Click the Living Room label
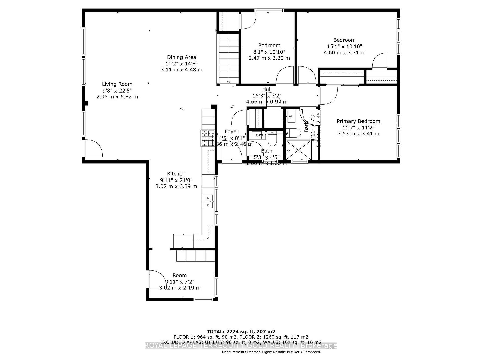pos(117,84)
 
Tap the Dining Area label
pos(182,57)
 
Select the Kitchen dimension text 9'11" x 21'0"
pos(176,180)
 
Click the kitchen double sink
pos(208,202)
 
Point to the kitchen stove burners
pos(207,138)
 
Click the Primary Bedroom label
pos(358,121)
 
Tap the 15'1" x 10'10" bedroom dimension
pos(344,47)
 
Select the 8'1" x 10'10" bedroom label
pos(269,46)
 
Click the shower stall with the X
pos(298,150)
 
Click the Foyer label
pos(231,132)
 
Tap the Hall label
pos(267,89)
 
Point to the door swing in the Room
pos(157,279)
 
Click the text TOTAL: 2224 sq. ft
pos(241,332)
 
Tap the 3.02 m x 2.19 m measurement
pos(180,288)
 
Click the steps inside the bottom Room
pos(196,256)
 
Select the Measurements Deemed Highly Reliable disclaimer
pos(271,352)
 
